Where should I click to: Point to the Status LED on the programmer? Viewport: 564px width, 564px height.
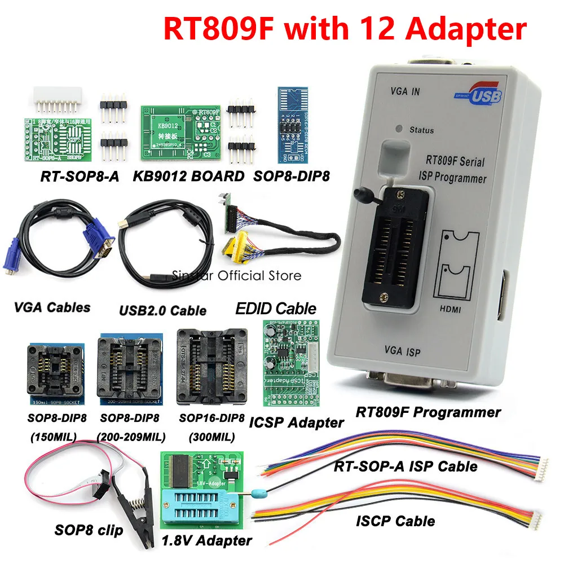[399, 129]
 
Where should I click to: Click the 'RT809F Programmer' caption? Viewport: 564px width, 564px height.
[428, 412]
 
